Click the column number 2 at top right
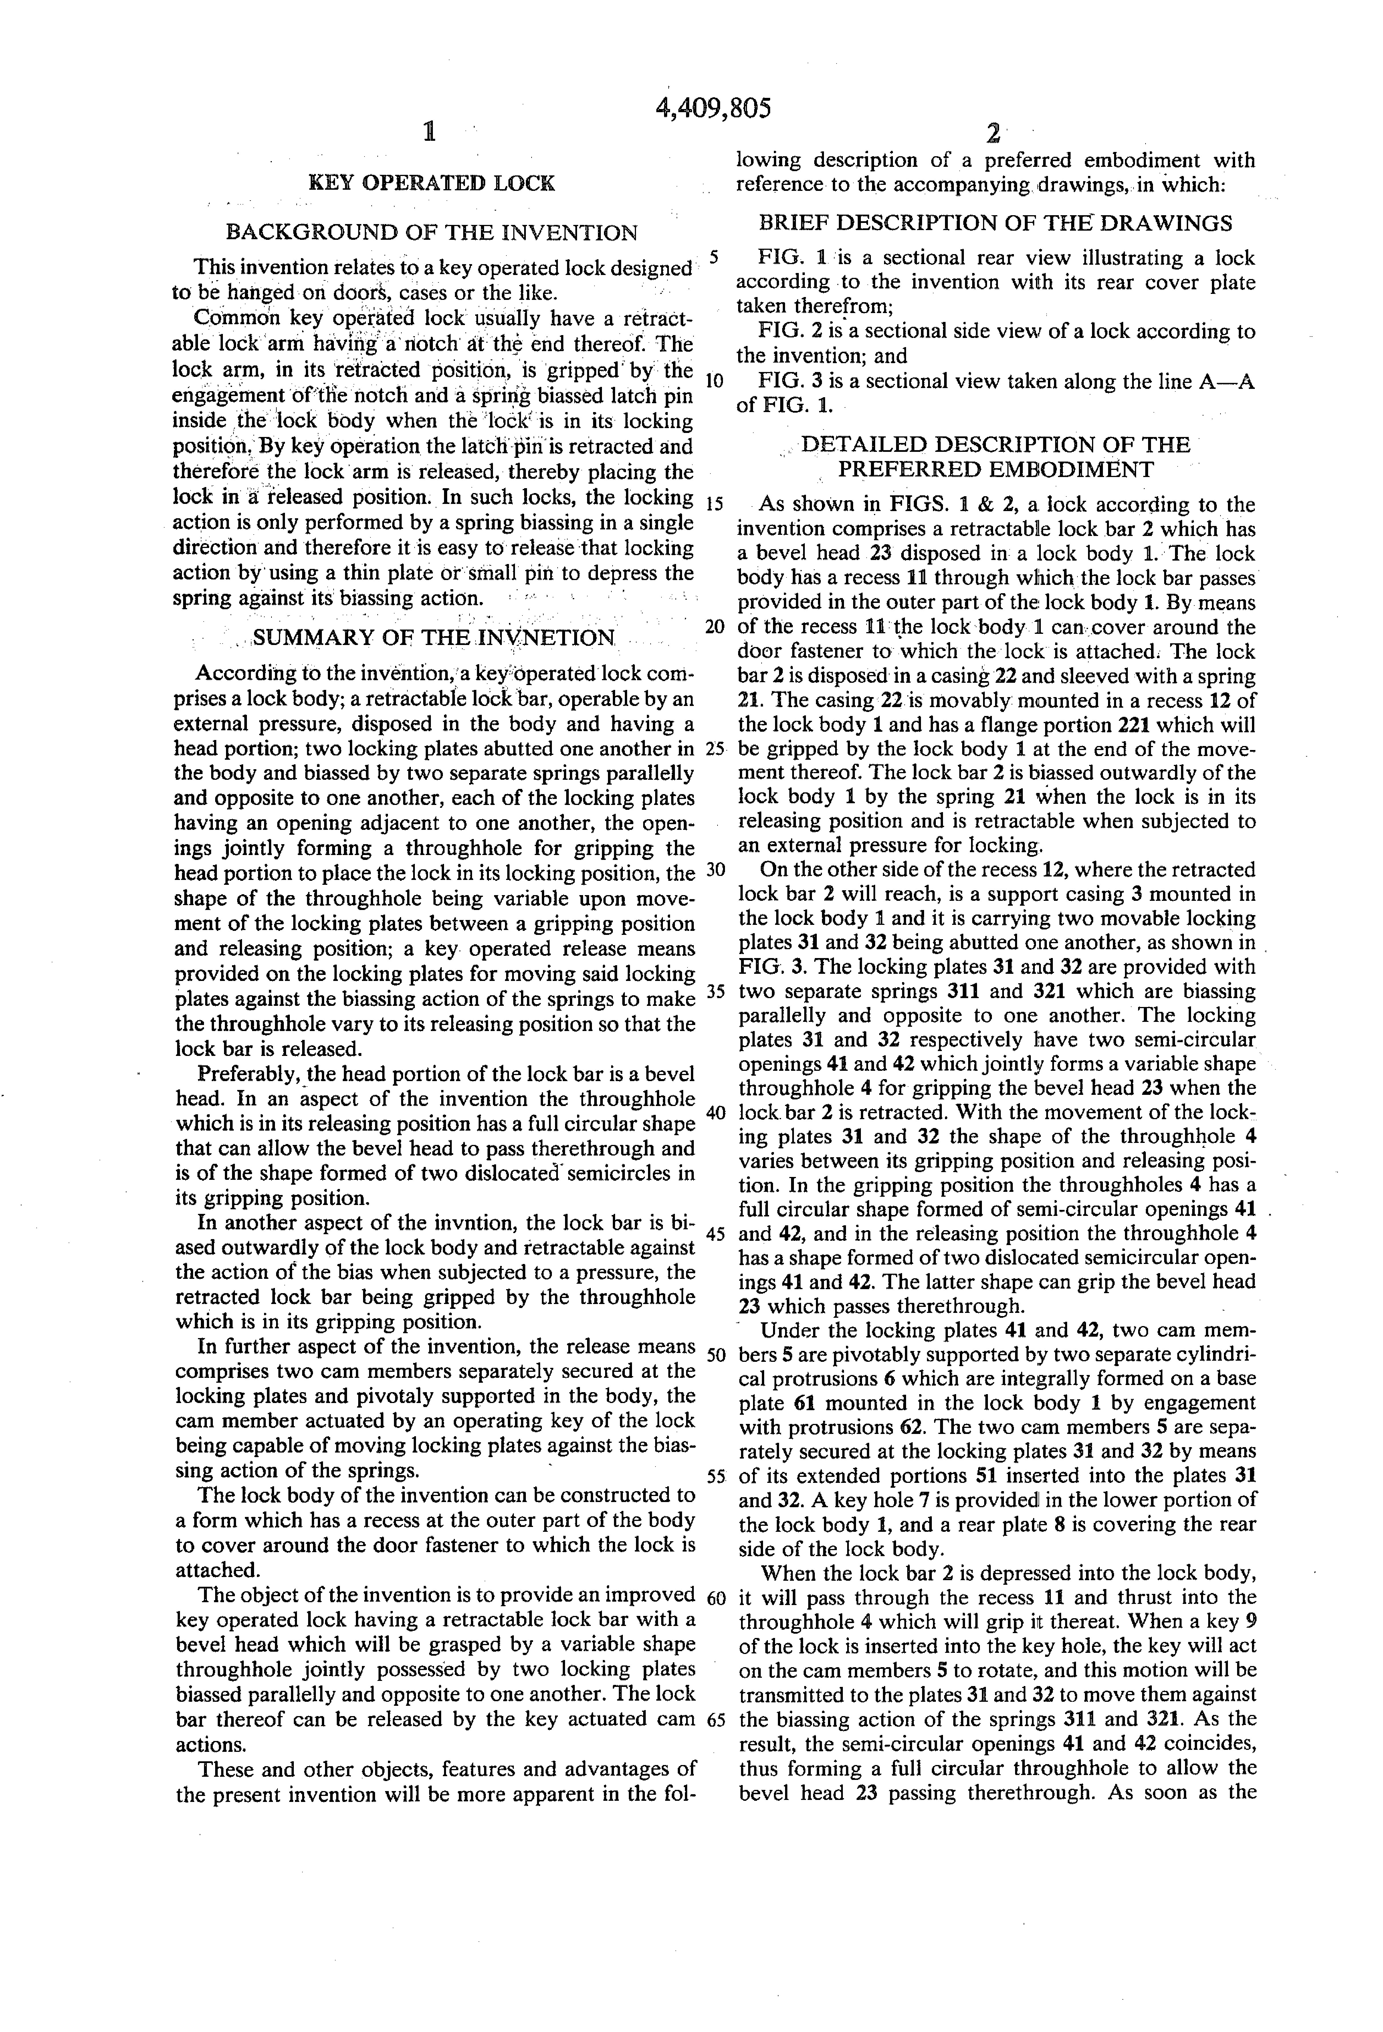993,134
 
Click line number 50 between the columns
715,1355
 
